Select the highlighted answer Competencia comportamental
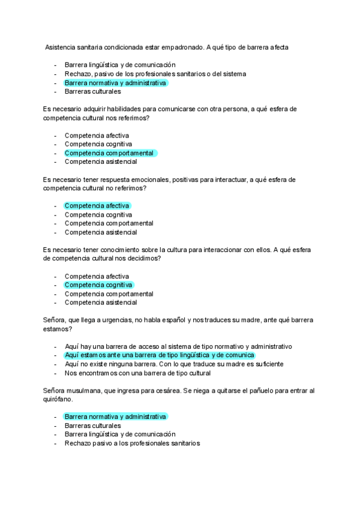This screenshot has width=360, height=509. [109, 153]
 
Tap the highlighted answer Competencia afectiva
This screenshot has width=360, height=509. [97, 206]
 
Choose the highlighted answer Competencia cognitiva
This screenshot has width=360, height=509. [98, 285]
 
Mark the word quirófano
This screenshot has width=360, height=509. [60, 400]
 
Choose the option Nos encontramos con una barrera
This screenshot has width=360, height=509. [137, 373]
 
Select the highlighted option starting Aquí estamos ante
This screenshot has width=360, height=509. [160, 355]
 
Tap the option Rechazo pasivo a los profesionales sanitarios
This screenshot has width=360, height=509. [132, 444]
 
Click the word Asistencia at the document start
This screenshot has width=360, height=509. [63, 47]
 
